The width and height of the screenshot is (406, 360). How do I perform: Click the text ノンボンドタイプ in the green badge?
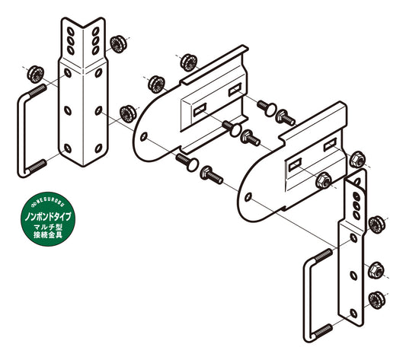(48, 217)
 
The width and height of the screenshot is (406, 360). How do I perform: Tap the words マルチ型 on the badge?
(48, 228)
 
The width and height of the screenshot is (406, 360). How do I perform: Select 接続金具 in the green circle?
(48, 234)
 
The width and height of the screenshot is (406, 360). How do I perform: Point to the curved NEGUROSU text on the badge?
(47, 201)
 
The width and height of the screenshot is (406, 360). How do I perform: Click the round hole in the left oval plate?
(144, 136)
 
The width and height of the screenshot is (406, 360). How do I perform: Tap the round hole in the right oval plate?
(248, 197)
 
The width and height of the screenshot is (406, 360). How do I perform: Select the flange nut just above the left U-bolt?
(36, 75)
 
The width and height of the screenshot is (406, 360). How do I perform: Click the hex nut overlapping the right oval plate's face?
(324, 180)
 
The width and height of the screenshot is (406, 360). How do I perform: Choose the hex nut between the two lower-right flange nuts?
(376, 270)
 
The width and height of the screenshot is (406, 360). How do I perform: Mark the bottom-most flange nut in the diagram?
(377, 299)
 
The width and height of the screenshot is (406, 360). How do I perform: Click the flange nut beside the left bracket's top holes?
(118, 43)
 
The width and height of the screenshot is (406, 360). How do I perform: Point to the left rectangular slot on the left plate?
(200, 110)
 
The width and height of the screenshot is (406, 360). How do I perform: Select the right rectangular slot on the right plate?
(330, 145)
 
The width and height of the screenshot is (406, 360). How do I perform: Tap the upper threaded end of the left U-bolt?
(38, 91)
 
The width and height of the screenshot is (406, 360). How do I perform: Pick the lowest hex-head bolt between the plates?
(211, 175)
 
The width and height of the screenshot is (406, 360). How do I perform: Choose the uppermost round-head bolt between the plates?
(267, 108)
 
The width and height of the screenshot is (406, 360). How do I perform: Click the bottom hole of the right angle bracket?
(353, 313)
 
